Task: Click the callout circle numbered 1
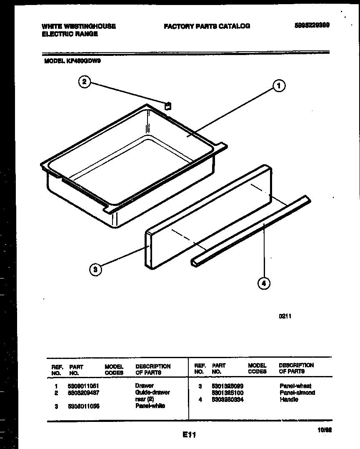click(279, 86)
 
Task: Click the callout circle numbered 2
click(84, 82)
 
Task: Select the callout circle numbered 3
click(95, 270)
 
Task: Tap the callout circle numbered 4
click(263, 284)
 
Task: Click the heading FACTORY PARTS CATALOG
click(207, 26)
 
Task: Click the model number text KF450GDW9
click(83, 60)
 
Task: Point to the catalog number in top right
click(312, 25)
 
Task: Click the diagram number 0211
click(285, 316)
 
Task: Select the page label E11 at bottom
click(189, 435)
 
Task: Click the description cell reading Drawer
click(144, 386)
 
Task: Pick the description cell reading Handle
click(289, 399)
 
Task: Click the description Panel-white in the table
click(150, 406)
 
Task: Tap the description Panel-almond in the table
click(297, 393)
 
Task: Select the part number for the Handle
click(227, 399)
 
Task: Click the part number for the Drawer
click(83, 386)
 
